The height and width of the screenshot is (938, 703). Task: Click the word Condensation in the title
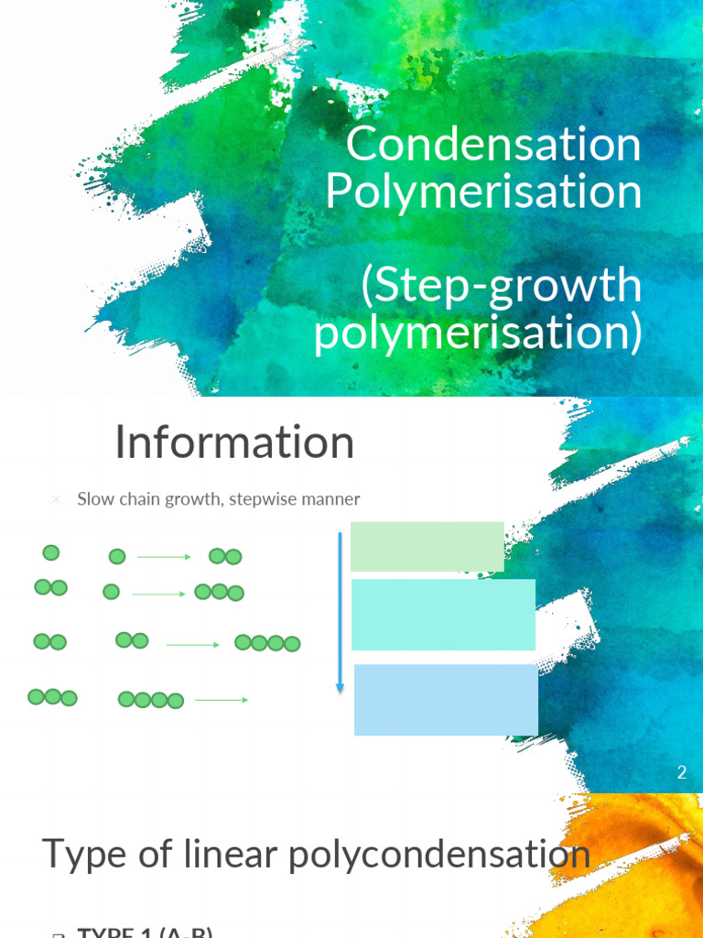tap(493, 145)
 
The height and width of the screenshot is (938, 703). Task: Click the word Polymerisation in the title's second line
tap(482, 191)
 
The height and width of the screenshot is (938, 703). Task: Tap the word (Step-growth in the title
tap(501, 285)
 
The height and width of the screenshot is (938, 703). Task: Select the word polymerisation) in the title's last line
tap(477, 332)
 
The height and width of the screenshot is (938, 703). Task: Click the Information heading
tap(234, 443)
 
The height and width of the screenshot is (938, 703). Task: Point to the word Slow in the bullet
tap(94, 499)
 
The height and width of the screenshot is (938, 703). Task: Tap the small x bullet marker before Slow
tap(56, 500)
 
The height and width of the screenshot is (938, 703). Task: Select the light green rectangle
tap(427, 546)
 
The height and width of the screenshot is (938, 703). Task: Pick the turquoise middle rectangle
tap(443, 615)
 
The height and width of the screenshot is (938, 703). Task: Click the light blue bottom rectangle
tap(446, 700)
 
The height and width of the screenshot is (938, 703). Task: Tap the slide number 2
tap(681, 772)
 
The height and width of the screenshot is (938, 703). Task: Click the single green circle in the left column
tap(51, 552)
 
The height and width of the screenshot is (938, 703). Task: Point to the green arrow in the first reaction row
tap(165, 557)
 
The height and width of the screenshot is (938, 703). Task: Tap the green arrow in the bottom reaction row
tap(222, 701)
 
